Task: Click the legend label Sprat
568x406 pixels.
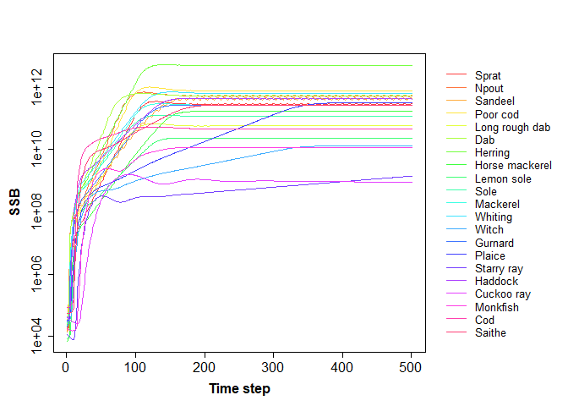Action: (x=488, y=75)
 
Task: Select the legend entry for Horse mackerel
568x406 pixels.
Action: (x=513, y=166)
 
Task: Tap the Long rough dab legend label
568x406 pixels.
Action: (x=512, y=127)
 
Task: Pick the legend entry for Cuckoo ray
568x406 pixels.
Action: (x=502, y=294)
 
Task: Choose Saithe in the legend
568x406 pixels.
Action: (x=490, y=333)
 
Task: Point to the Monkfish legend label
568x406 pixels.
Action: (x=497, y=307)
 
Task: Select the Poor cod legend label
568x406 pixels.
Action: (x=497, y=114)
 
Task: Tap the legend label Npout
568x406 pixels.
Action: (x=489, y=88)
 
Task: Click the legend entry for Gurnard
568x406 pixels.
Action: (x=494, y=243)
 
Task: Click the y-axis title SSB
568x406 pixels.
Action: (x=15, y=200)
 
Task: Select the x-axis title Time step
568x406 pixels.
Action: (x=239, y=389)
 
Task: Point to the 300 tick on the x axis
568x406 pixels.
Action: (x=273, y=367)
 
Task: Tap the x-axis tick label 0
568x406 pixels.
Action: (x=66, y=367)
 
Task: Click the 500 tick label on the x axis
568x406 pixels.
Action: (x=412, y=367)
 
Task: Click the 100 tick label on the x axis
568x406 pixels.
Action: (x=135, y=367)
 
